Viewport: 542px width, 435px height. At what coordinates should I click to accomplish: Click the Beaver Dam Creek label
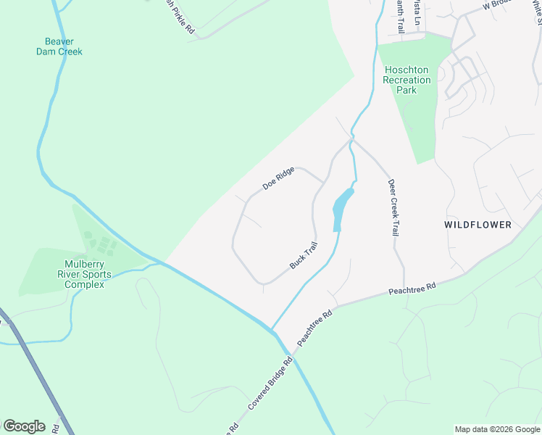pos(59,46)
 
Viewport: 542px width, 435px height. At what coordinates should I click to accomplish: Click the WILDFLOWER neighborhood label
pos(478,225)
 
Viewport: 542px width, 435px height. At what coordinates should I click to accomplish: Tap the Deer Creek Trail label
pos(396,207)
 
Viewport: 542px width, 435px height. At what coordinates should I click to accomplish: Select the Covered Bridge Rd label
pos(270,382)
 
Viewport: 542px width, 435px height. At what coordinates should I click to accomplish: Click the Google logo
pos(23,426)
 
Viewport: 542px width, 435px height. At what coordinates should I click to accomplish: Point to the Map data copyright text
pos(497,429)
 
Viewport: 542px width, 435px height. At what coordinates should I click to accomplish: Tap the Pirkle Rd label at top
pos(179,16)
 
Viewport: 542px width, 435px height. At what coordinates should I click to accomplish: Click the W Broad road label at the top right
pos(498,4)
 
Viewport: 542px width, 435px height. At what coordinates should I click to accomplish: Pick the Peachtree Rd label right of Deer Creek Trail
pos(412,288)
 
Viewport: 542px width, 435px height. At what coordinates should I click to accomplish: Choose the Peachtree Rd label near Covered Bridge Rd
pos(314,328)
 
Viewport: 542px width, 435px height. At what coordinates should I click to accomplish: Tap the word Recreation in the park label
pos(406,80)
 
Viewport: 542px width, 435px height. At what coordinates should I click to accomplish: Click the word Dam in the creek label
pos(49,51)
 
